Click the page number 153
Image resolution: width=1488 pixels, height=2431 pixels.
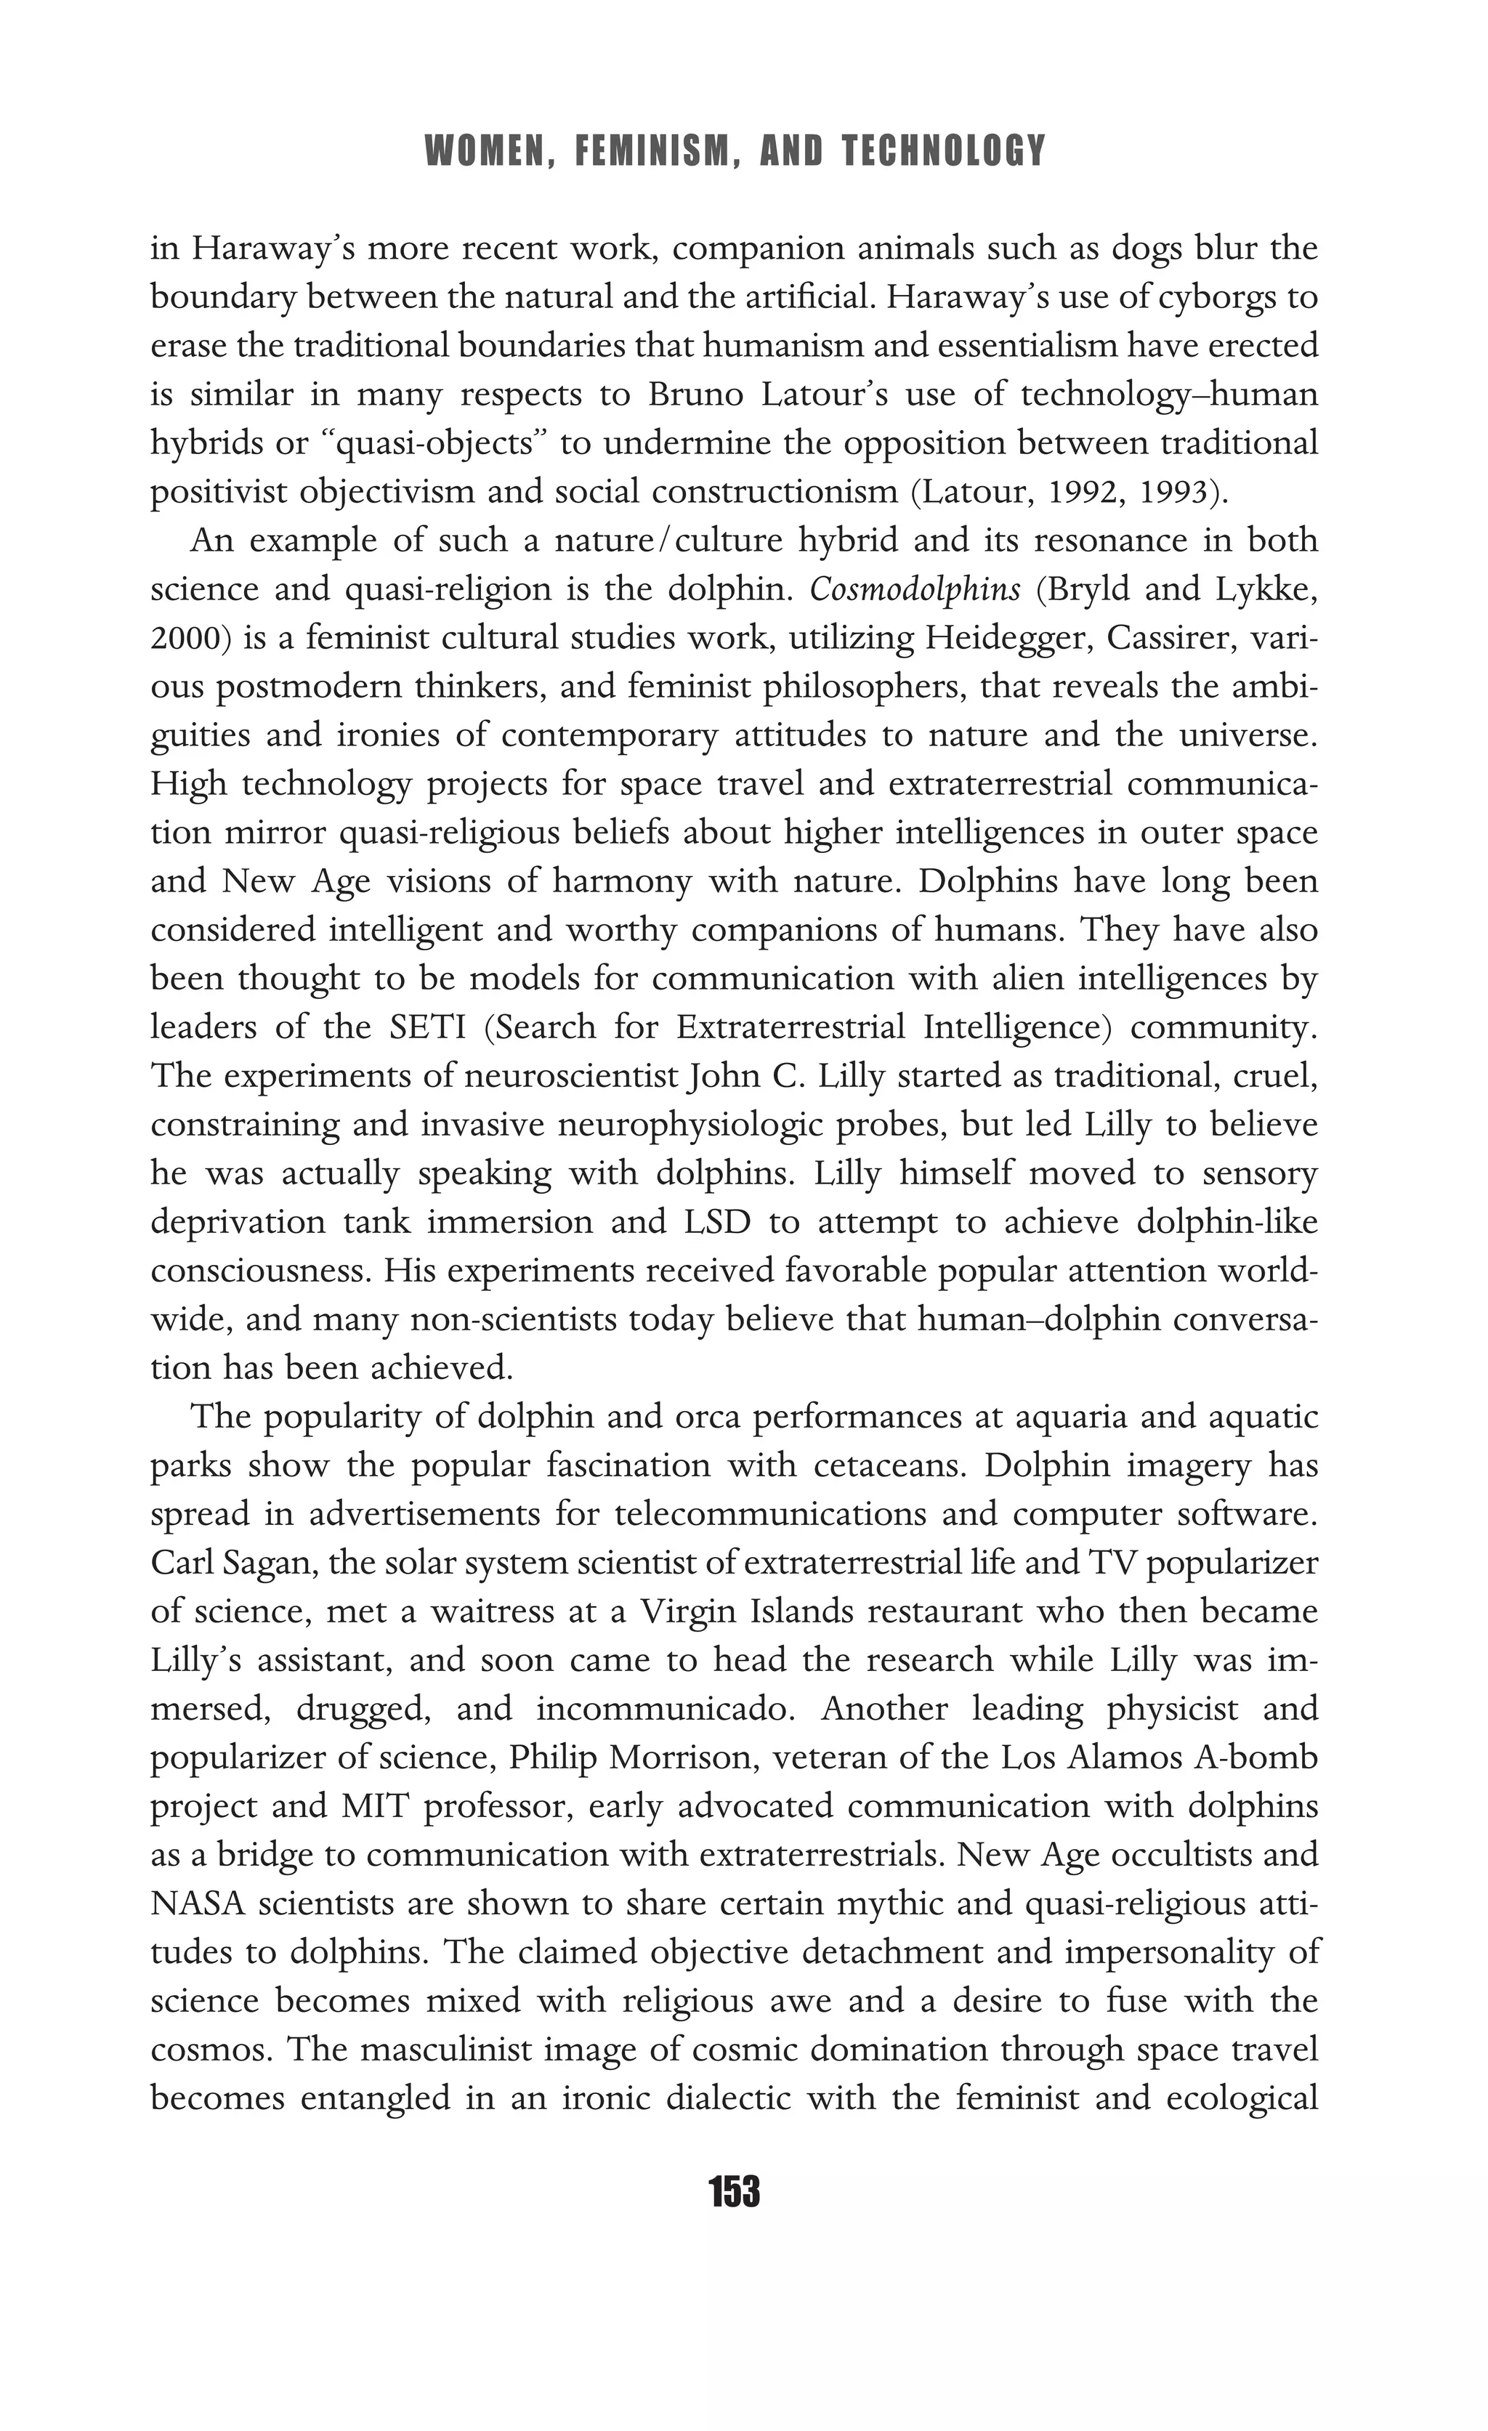[734, 2191]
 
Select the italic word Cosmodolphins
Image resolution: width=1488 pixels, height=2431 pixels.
[915, 590]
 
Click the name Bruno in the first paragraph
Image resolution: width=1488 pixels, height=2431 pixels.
[695, 395]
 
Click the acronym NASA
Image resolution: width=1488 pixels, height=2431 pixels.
[196, 1903]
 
